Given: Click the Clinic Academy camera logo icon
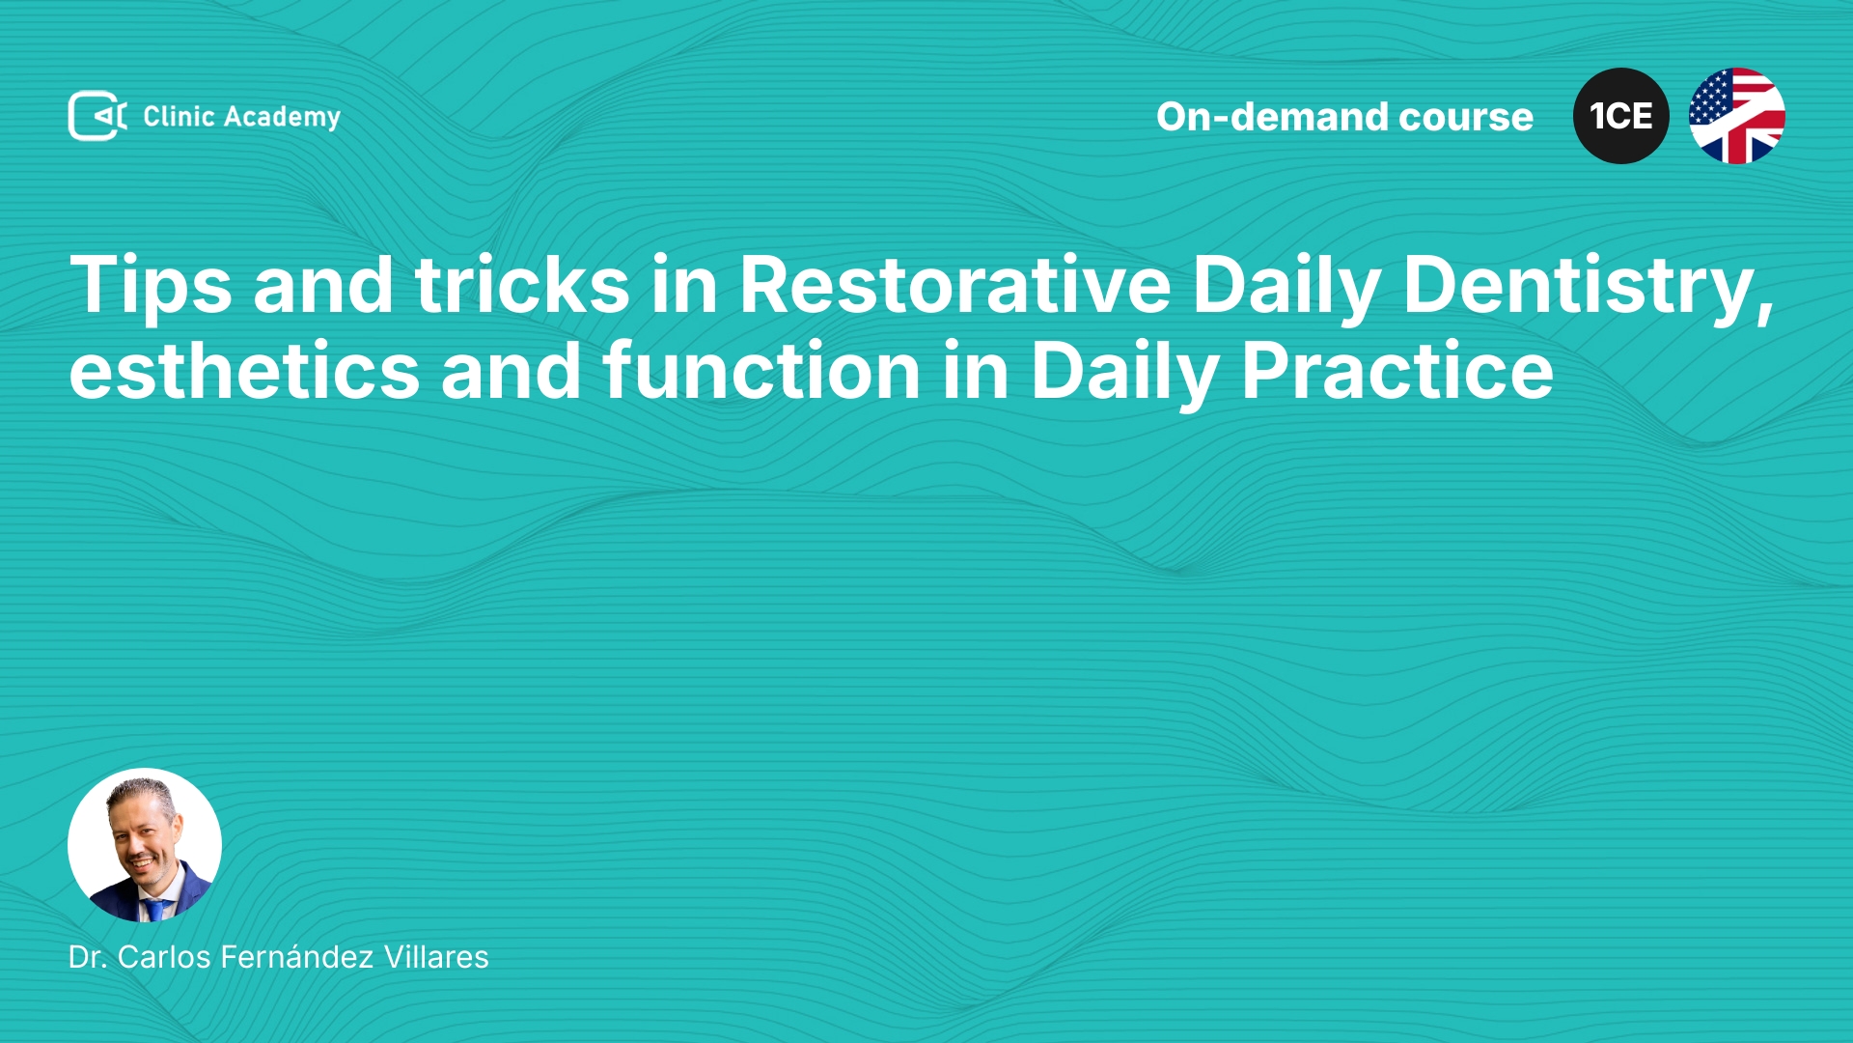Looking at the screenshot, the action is coord(97,116).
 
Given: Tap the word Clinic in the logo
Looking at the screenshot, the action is coord(179,116).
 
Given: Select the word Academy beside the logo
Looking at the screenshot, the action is coord(282,118).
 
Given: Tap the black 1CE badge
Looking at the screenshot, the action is coord(1621,116).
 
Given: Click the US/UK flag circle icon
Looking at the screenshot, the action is coord(1737,116).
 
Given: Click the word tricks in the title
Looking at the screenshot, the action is coord(522,285).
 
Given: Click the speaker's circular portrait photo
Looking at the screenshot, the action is coord(145,845).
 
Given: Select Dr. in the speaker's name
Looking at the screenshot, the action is coord(87,957).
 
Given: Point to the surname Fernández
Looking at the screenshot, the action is coord(297,956).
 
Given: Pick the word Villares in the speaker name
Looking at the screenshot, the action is coord(436,956).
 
